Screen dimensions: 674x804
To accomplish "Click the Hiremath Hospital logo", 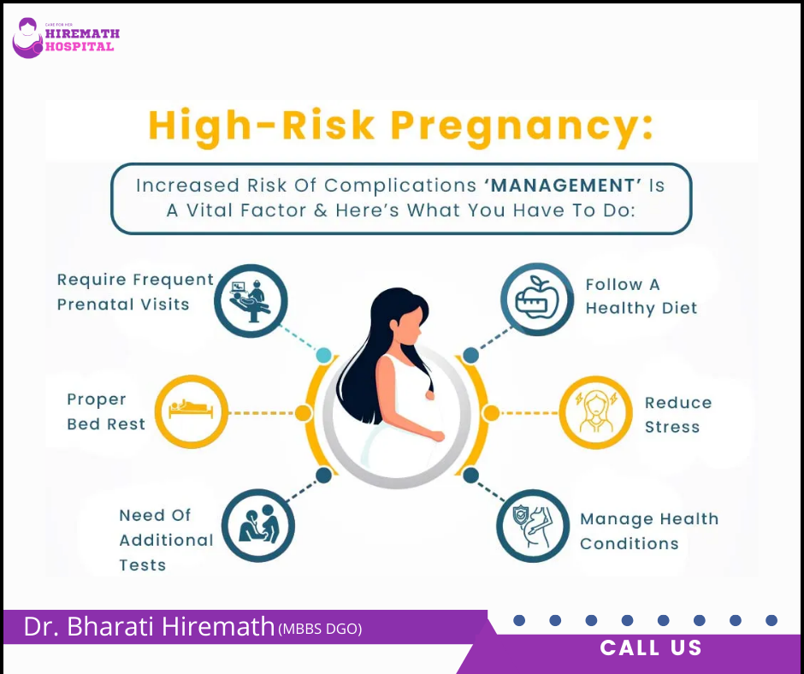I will (x=65, y=38).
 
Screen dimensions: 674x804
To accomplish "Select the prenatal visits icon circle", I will (x=251, y=300).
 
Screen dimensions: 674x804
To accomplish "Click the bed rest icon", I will (x=192, y=412).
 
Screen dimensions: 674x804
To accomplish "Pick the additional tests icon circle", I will (x=258, y=524).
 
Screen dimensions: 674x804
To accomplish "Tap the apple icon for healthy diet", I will (x=537, y=299).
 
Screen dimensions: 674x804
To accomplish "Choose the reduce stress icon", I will (x=595, y=413).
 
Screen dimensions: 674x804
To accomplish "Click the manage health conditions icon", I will (x=533, y=525).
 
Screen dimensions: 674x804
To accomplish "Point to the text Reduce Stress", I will (x=677, y=414).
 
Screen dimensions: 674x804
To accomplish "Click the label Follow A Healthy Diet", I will (x=641, y=296).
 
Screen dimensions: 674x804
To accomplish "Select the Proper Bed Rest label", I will (x=105, y=411).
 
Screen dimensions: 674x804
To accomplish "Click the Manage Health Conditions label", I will (x=648, y=531).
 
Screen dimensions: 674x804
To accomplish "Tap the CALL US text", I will (x=651, y=648).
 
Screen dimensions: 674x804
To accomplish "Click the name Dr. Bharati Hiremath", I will (x=149, y=627).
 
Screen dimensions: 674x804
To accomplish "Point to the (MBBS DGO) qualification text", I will (x=320, y=630).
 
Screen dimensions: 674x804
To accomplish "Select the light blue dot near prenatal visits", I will (x=323, y=355).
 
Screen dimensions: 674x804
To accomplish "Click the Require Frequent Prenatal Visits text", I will (x=135, y=292).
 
